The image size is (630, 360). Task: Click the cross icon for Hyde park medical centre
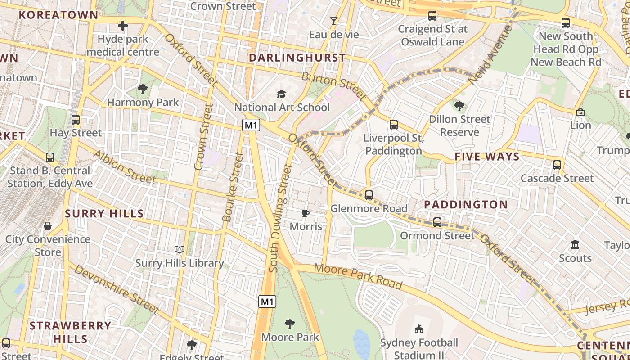122,26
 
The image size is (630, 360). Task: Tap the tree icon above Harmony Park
143,89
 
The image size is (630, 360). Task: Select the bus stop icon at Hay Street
76,120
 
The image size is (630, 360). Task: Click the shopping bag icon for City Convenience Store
48,226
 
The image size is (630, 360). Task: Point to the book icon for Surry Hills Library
180,249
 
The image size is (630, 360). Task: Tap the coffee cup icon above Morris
306,213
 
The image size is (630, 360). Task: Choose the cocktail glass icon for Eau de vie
333,21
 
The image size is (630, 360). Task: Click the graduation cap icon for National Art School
281,94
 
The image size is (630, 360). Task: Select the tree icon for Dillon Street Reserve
459,106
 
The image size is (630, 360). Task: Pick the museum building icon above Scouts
575,245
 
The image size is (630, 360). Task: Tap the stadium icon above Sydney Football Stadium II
419,329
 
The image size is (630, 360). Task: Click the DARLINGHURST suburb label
297,58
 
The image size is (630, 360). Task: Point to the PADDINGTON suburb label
466,204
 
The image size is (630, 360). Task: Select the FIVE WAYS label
487,157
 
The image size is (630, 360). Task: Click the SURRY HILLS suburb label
104,213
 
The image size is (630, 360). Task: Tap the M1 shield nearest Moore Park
267,301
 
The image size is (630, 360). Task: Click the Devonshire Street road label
116,289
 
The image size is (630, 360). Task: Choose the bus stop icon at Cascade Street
557,165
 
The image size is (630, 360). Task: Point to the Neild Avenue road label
490,55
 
